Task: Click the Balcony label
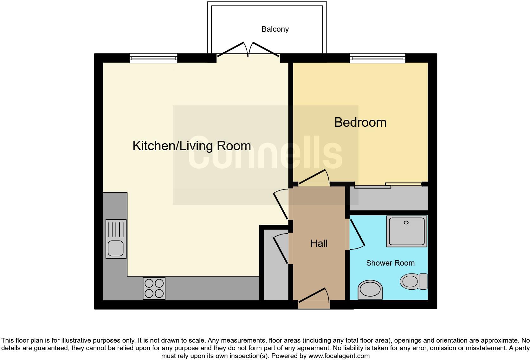point(275,29)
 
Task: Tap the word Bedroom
point(360,122)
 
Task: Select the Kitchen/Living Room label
point(191,146)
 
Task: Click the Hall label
point(319,243)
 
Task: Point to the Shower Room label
point(390,263)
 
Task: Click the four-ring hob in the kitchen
point(154,288)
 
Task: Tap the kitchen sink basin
point(115,248)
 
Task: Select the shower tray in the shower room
point(406,231)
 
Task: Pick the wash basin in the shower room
point(370,289)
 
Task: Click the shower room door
point(357,233)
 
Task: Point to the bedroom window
point(378,58)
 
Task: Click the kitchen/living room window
point(153,58)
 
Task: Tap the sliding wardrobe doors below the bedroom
point(388,185)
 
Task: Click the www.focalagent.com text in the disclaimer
point(339,356)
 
